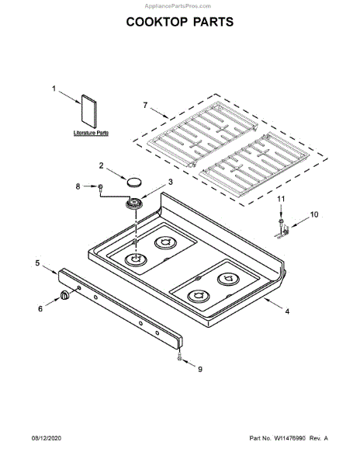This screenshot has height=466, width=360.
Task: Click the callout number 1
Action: tap(54, 89)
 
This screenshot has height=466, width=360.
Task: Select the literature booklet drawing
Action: tap(88, 111)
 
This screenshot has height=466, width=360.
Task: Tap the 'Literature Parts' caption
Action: tap(91, 133)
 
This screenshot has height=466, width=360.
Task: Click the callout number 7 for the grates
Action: tap(145, 105)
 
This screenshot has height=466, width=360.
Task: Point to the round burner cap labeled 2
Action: tap(134, 182)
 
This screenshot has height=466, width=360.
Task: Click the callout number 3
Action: tap(171, 182)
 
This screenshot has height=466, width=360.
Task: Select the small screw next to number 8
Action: tap(101, 187)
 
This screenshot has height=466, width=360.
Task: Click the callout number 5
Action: tap(37, 263)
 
